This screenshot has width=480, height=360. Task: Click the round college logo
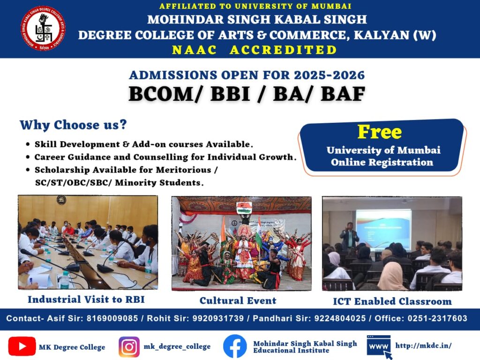pyautogui.click(x=43, y=28)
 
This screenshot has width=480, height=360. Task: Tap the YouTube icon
pyautogui.click(x=22, y=346)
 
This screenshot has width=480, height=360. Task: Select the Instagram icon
pyautogui.click(x=129, y=347)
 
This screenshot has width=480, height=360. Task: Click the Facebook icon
pyautogui.click(x=235, y=346)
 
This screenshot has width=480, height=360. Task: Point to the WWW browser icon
pyautogui.click(x=379, y=347)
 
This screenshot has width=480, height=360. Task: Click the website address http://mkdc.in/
pyautogui.click(x=423, y=345)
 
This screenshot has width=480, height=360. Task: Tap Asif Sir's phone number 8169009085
pyautogui.click(x=112, y=318)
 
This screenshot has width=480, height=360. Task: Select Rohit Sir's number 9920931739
pyautogui.click(x=218, y=318)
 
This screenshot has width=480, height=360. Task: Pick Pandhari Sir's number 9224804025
pyautogui.click(x=340, y=318)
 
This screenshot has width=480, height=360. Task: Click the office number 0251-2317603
pyautogui.click(x=437, y=318)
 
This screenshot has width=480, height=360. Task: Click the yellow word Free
pyautogui.click(x=380, y=132)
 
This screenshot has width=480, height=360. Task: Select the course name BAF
pyautogui.click(x=343, y=94)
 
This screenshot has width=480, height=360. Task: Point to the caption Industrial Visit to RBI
pyautogui.click(x=86, y=300)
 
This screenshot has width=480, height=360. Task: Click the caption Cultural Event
pyautogui.click(x=238, y=300)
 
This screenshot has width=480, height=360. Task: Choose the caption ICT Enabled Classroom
pyautogui.click(x=392, y=301)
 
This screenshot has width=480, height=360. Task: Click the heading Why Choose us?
pyautogui.click(x=73, y=125)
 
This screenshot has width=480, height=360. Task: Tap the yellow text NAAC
pyautogui.click(x=195, y=50)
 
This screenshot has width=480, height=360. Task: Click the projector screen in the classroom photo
pyautogui.click(x=383, y=229)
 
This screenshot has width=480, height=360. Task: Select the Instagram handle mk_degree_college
pyautogui.click(x=177, y=346)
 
